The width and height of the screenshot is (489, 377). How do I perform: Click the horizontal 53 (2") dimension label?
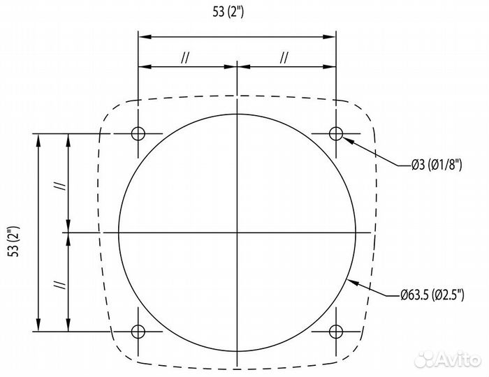[x=228, y=12]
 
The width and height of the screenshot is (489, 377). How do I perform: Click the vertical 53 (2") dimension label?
[x=15, y=242]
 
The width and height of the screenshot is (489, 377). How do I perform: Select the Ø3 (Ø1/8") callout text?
[x=437, y=165]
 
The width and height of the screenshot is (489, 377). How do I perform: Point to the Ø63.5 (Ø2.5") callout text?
[x=432, y=295]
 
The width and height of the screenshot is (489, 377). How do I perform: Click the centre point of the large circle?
[x=238, y=232]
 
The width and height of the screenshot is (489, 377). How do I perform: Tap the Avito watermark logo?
[x=448, y=360]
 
